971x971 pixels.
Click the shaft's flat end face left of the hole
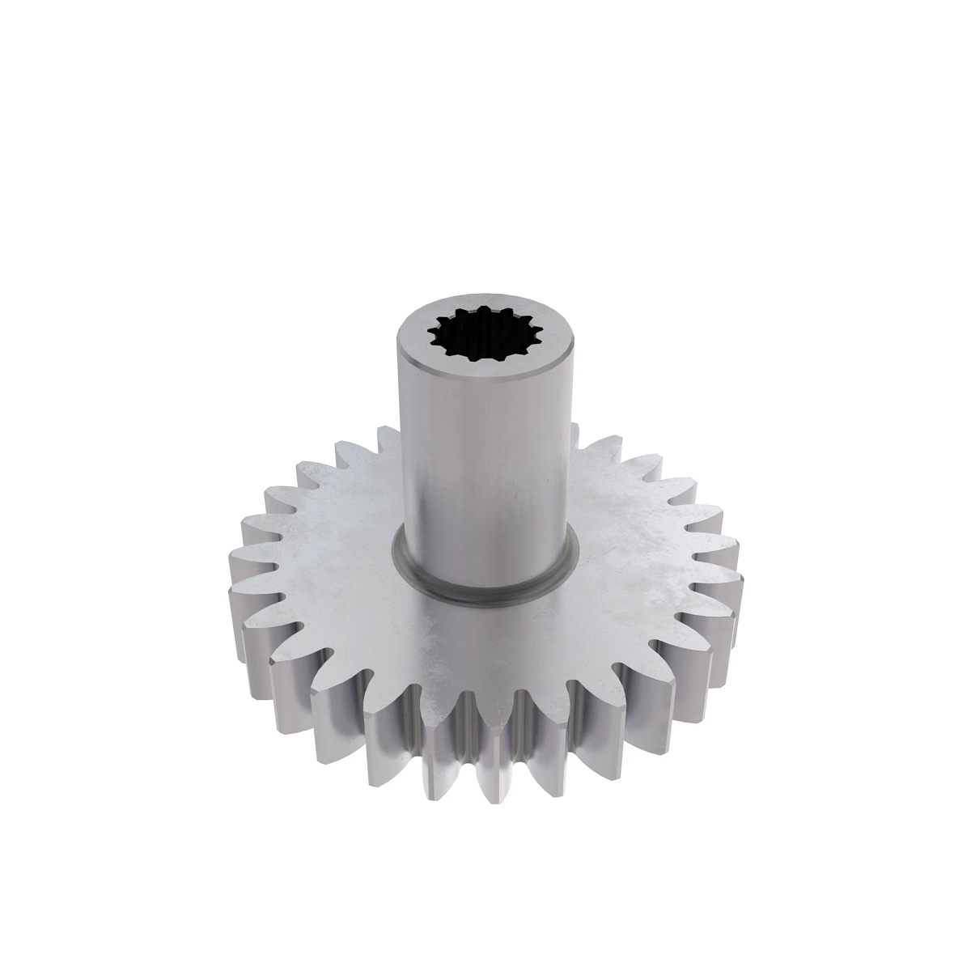(x=414, y=340)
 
